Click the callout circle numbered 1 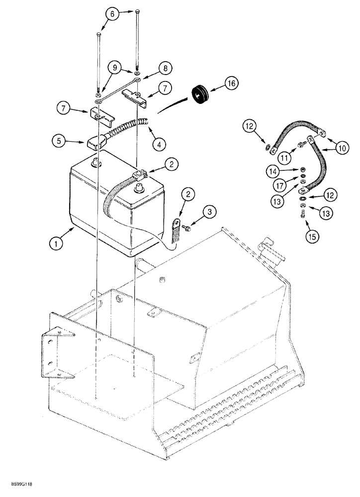pyautogui.click(x=59, y=244)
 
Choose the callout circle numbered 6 pyautogui.click(x=112, y=15)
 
